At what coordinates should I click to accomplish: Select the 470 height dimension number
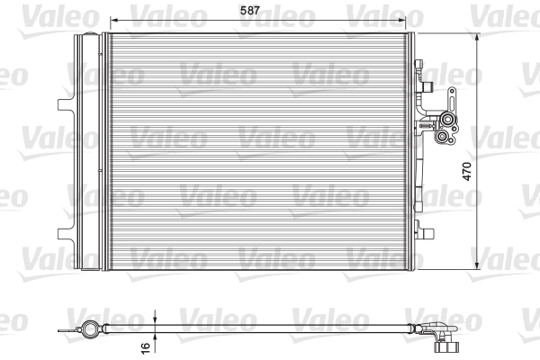468,173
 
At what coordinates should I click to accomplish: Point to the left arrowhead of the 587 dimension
108,18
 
